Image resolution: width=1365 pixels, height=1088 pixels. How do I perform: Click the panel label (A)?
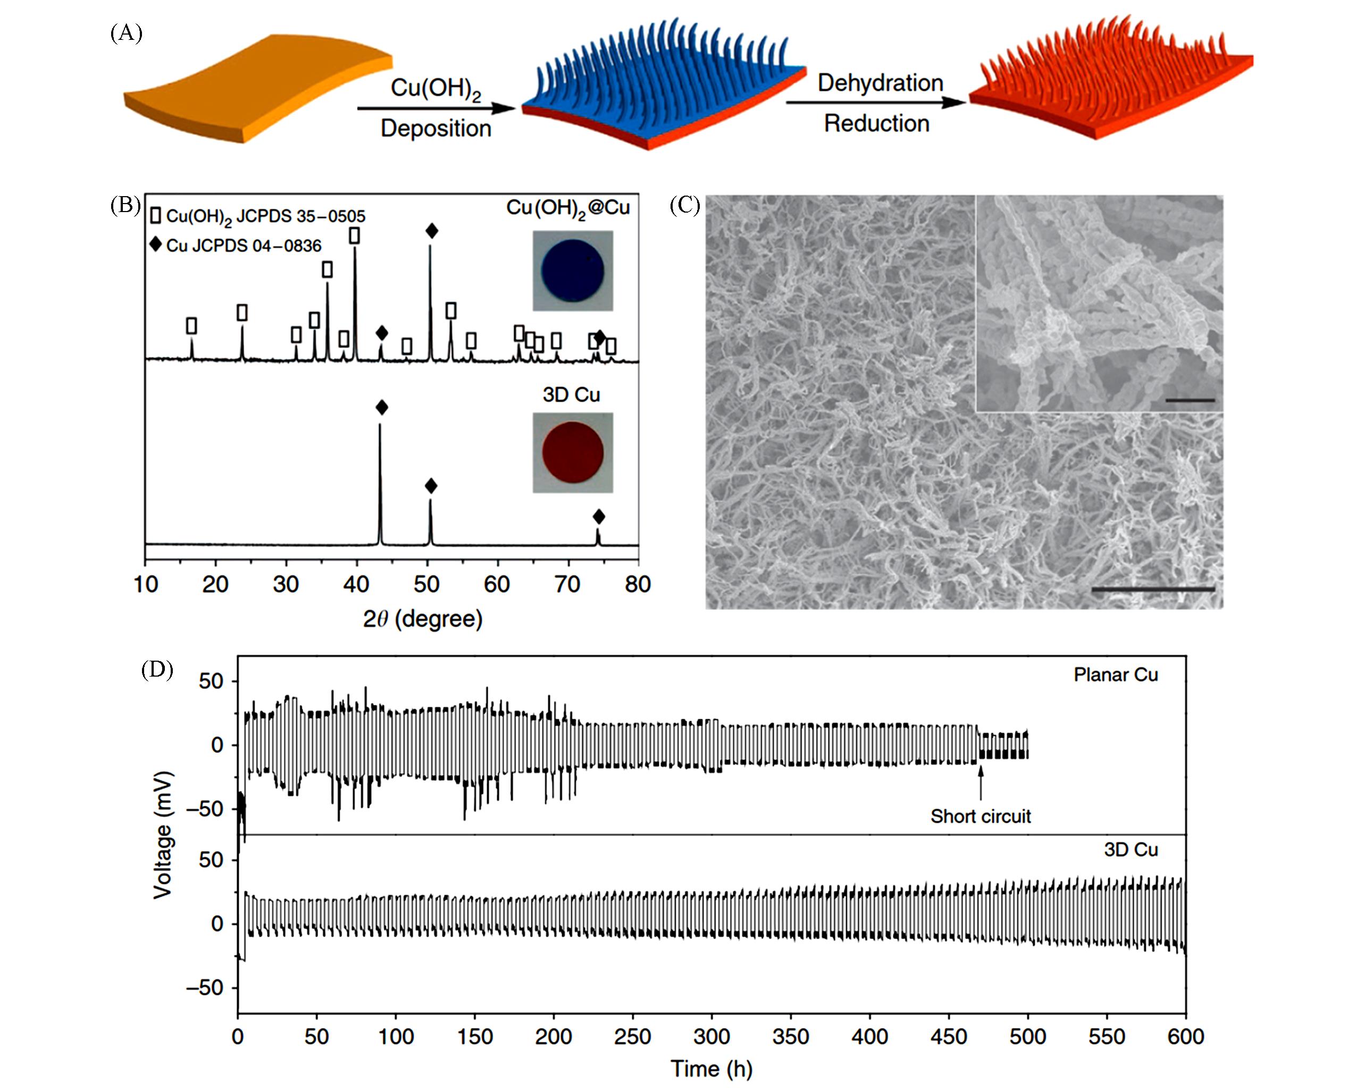tap(126, 32)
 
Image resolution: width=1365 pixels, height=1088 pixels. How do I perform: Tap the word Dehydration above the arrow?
tap(880, 83)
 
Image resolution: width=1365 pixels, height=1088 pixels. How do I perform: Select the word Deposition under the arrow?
tap(436, 129)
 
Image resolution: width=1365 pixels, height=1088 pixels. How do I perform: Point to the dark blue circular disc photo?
tap(572, 271)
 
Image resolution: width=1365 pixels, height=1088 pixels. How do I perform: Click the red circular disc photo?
tap(572, 452)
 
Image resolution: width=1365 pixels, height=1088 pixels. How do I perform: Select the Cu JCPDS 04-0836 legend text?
tap(243, 246)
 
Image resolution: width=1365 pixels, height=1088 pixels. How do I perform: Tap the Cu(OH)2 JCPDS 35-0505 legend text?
tap(265, 216)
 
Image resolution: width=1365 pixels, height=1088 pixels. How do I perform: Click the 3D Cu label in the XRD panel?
tap(571, 395)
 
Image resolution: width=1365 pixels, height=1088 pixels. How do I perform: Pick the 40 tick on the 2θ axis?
tap(356, 584)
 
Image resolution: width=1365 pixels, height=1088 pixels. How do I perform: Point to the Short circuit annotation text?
tap(980, 816)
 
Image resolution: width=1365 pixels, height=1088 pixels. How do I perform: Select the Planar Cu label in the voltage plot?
tap(1116, 674)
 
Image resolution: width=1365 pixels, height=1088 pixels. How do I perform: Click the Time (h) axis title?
tap(711, 1069)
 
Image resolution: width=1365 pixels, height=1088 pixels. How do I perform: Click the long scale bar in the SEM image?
tap(1152, 589)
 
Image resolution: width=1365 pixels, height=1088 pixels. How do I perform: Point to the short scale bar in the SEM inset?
tap(1190, 400)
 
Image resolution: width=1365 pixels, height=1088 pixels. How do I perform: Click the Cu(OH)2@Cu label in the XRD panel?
tap(568, 208)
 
